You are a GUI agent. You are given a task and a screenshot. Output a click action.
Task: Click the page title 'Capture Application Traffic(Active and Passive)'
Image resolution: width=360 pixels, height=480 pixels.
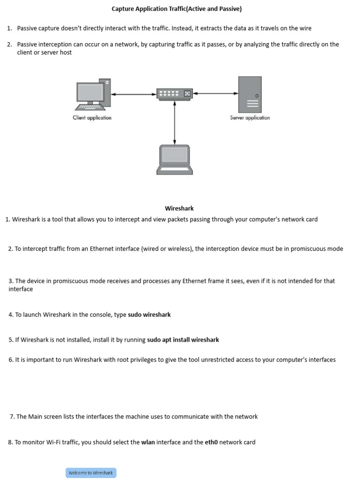177,9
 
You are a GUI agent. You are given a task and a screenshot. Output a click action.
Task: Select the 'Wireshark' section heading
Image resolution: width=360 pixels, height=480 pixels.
179,209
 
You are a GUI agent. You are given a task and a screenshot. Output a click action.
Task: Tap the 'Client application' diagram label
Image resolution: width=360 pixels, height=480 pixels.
92,118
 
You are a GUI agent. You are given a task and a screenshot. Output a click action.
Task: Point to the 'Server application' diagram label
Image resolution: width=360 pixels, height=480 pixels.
250,118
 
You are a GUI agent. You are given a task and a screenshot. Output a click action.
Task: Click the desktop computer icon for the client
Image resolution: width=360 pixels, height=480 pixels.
93,94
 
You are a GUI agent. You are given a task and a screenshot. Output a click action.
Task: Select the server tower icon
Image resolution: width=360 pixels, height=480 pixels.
250,94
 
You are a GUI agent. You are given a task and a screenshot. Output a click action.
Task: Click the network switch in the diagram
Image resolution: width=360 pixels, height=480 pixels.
175,94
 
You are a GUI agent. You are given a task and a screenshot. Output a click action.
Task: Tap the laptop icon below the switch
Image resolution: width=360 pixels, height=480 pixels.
174,160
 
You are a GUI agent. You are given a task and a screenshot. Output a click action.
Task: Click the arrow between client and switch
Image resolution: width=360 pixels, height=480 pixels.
134,94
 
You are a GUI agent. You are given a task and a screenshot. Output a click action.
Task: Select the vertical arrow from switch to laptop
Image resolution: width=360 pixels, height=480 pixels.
174,122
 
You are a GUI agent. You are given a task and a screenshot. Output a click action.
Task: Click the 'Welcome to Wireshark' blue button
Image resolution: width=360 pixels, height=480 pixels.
91,473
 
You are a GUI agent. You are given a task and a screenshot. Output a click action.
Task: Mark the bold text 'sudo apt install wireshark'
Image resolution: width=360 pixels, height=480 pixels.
183,340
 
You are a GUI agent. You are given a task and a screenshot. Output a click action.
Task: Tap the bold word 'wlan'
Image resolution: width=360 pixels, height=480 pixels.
148,442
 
